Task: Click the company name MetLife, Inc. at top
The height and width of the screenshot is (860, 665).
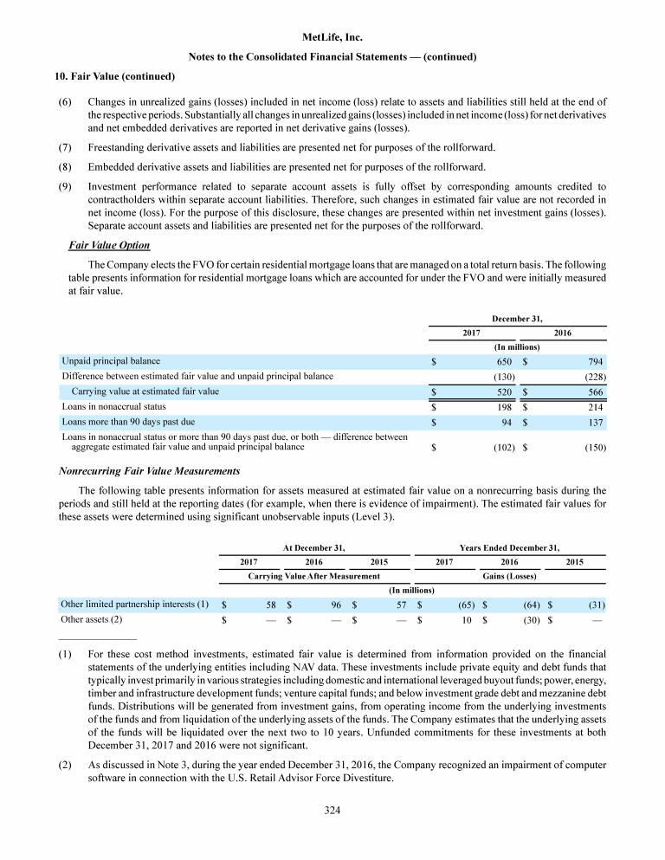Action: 332,38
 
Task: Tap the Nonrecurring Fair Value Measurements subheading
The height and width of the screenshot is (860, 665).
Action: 148,471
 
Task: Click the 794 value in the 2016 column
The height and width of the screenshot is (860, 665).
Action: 595,361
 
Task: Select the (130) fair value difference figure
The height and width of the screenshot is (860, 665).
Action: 505,377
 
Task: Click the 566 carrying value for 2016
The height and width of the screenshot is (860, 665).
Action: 595,392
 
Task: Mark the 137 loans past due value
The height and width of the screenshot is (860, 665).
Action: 595,422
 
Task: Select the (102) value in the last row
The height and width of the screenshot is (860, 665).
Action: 505,448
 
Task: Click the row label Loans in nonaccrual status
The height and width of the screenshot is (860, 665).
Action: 113,406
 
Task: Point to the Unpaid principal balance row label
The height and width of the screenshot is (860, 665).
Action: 111,361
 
